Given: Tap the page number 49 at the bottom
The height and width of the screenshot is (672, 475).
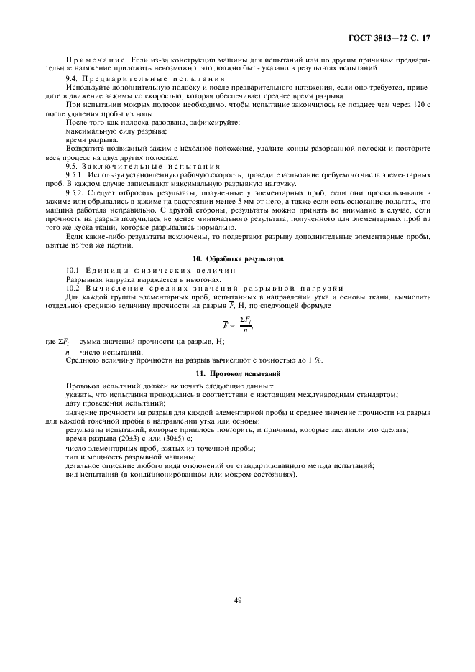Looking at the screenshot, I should (x=237, y=600).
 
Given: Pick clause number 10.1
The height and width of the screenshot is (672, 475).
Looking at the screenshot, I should (x=75, y=269).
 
